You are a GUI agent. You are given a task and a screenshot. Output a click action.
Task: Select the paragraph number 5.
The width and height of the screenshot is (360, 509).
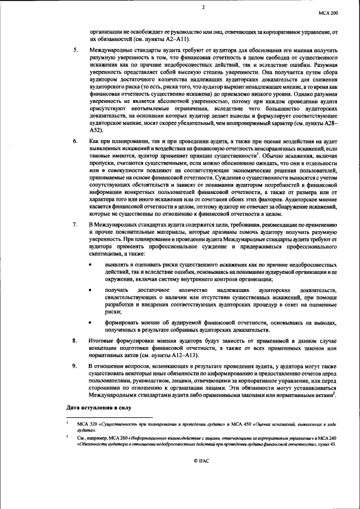click(x=75, y=51)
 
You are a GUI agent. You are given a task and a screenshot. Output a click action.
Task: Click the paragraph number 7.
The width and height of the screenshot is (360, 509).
click(x=75, y=225)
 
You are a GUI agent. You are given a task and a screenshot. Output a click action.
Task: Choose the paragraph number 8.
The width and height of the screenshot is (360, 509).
click(x=75, y=341)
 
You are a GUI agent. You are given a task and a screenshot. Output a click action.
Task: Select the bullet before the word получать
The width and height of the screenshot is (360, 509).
click(x=92, y=290)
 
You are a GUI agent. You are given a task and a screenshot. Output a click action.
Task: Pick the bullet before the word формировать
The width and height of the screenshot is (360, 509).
click(x=92, y=322)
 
